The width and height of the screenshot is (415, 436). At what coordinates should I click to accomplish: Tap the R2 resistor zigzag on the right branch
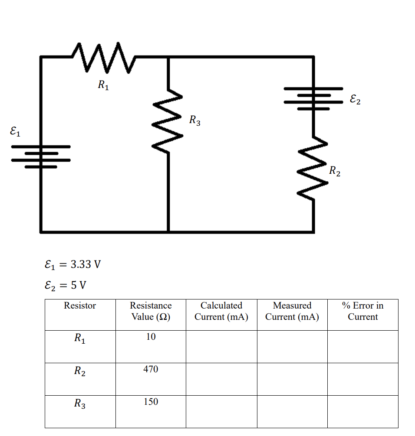click(x=313, y=169)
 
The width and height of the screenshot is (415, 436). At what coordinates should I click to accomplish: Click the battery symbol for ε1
click(x=41, y=156)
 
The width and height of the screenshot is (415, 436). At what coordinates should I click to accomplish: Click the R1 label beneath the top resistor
click(x=103, y=85)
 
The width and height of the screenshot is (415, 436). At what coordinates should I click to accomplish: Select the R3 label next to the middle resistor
click(x=195, y=120)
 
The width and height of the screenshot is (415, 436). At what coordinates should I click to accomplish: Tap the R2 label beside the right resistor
click(x=334, y=171)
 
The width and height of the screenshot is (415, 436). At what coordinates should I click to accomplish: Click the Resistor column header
click(x=80, y=306)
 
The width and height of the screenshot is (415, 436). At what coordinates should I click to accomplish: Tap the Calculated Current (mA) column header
click(x=221, y=311)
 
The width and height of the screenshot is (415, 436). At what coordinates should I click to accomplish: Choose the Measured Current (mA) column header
click(x=292, y=311)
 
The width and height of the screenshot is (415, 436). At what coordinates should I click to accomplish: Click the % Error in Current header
click(x=362, y=311)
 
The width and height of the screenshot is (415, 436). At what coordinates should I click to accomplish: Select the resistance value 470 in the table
click(x=151, y=369)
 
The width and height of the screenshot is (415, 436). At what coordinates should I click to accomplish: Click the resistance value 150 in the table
click(x=151, y=402)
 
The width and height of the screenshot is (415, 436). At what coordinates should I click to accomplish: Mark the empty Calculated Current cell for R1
click(x=221, y=346)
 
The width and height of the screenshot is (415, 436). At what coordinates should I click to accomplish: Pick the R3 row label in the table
click(x=80, y=404)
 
